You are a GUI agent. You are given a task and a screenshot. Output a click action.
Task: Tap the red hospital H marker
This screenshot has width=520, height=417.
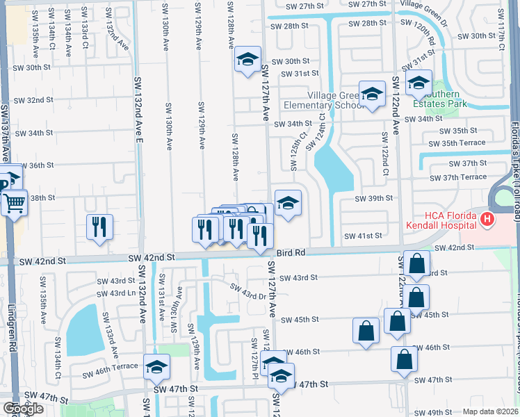[x=487, y=221]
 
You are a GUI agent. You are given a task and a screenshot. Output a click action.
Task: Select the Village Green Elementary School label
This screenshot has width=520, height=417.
[x=324, y=100]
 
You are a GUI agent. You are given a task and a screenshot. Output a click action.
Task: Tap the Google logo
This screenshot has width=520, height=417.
[x=23, y=408]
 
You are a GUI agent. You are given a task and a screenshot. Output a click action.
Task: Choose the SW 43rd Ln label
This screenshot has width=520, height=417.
[x=116, y=293]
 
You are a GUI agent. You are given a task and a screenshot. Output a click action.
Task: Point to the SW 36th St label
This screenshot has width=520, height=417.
[x=34, y=165]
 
